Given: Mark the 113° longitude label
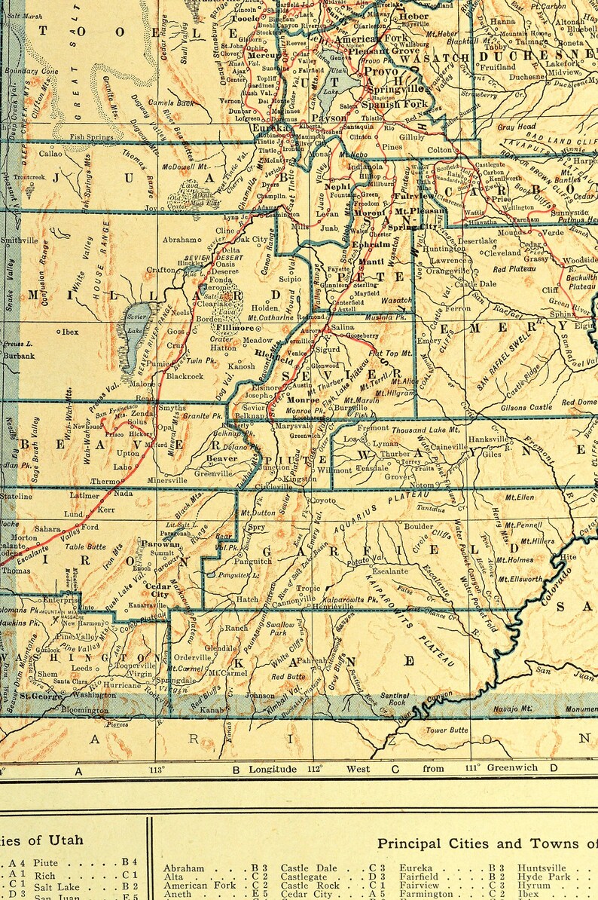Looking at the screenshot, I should click(x=157, y=770).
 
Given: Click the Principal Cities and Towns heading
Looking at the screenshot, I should click(x=486, y=843).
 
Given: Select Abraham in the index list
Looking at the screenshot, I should click(x=183, y=868).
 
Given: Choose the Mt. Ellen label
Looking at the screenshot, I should click(x=519, y=497).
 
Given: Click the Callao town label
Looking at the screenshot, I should click(x=50, y=153).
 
